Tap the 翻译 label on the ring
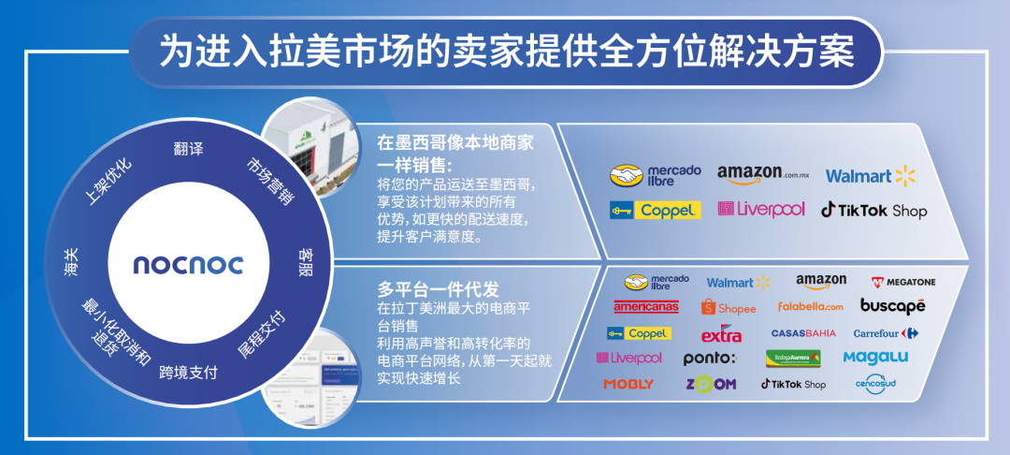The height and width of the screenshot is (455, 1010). pos(188,149)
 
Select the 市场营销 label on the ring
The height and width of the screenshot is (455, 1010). pos(270,181)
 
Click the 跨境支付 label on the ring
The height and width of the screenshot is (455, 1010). pos(188,372)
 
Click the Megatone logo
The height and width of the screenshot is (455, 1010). pos(902,281)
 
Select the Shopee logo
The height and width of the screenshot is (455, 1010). pos(728,307)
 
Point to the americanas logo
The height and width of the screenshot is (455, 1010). pos(645,306)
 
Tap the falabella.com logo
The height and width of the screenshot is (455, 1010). pos(810,306)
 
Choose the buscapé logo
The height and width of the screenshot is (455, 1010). pos(892,306)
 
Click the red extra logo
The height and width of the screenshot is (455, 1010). pos(721,333)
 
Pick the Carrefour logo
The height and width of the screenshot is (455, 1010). pos(886,332)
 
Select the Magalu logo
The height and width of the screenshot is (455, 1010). pos(875,357)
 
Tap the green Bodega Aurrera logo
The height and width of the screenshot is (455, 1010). pos(793,358)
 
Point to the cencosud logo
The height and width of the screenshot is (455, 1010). pos(875,384)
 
